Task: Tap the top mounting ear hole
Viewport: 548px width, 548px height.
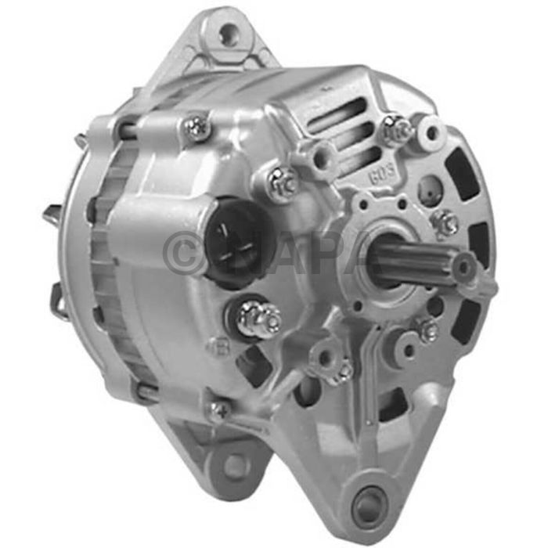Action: coord(228,34)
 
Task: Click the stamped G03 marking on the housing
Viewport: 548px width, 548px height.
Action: coord(377,173)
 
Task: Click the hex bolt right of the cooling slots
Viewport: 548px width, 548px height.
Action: coord(397,130)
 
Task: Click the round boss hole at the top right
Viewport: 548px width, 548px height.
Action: coord(431,129)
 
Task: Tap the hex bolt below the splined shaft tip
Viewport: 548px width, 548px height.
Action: coord(427,330)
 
